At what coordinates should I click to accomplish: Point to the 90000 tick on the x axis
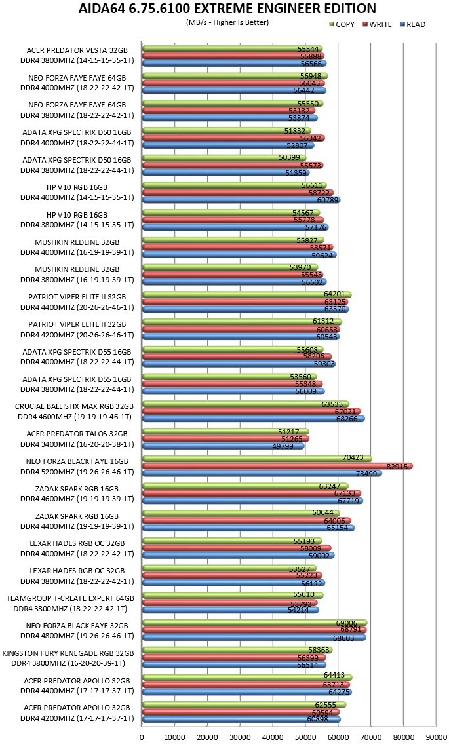click(436, 737)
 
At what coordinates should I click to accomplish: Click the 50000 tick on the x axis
click(305, 737)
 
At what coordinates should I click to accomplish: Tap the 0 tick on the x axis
click(142, 737)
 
